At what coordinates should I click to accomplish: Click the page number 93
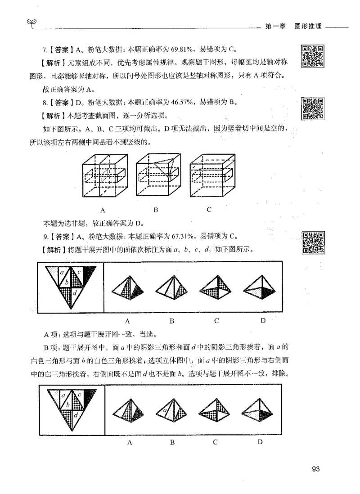pyautogui.click(x=315, y=469)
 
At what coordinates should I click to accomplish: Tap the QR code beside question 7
pyautogui.click(x=313, y=56)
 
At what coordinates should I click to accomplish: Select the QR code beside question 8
pyautogui.click(x=313, y=108)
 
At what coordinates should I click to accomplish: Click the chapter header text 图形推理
pyautogui.click(x=308, y=27)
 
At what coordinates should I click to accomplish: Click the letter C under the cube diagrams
pyautogui.click(x=210, y=209)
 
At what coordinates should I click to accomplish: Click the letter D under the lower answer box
pyautogui.click(x=260, y=442)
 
